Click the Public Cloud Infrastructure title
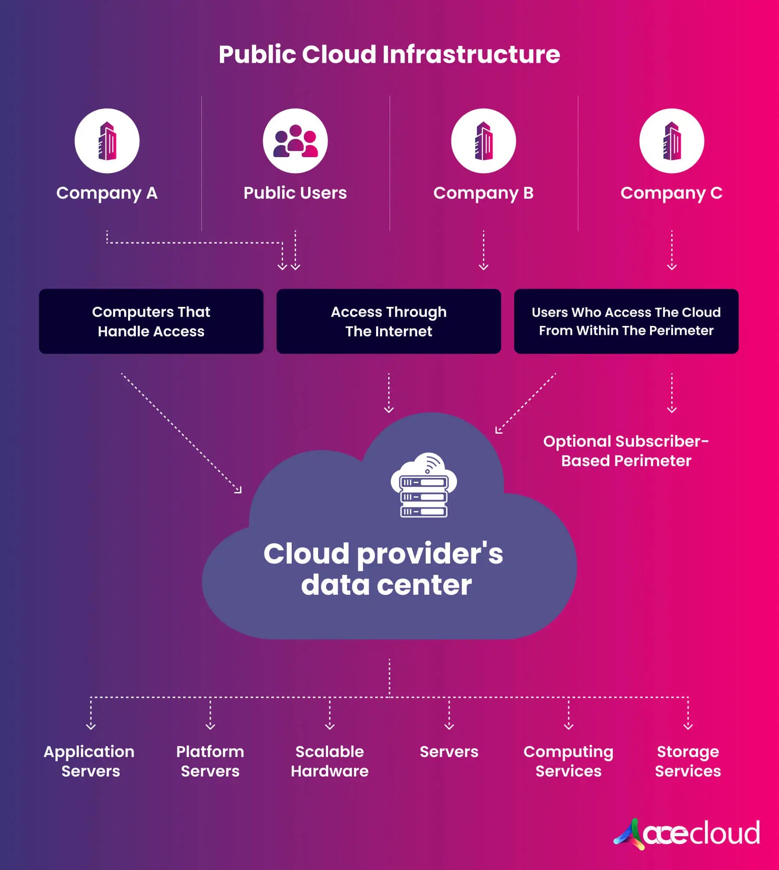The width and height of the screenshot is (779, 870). click(x=389, y=55)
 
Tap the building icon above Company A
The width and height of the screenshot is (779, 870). click(x=107, y=141)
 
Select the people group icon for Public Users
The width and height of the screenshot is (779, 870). click(x=295, y=141)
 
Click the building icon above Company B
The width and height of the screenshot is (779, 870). click(x=483, y=141)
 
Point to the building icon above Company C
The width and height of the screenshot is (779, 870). click(x=672, y=141)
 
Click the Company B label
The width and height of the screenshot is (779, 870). click(x=483, y=193)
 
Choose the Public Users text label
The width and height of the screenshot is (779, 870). click(x=295, y=193)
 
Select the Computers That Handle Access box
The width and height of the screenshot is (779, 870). click(x=151, y=321)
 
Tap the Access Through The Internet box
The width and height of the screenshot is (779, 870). click(x=389, y=321)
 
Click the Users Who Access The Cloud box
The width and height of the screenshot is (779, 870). click(x=626, y=321)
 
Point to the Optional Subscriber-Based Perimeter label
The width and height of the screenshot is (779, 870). click(x=626, y=451)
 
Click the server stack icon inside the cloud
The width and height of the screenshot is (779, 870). click(x=424, y=486)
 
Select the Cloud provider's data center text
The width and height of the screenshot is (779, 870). click(x=384, y=569)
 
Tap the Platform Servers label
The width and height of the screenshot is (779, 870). click(x=210, y=761)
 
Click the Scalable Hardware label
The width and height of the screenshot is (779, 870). click(x=330, y=761)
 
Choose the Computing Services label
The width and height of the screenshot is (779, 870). click(x=569, y=761)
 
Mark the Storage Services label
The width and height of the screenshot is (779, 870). click(x=688, y=761)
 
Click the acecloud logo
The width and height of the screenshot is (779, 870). click(x=687, y=834)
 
